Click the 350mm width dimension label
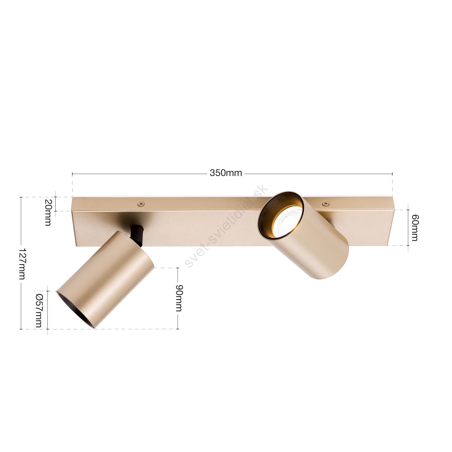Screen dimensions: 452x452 (x=226, y=173)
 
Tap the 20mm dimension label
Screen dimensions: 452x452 (x=48, y=212)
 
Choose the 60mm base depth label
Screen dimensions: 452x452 (x=415, y=228)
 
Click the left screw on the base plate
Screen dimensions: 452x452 (x=140, y=203)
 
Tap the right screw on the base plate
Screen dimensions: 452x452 (x=326, y=203)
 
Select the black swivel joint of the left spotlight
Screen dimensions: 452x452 (x=137, y=233)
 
